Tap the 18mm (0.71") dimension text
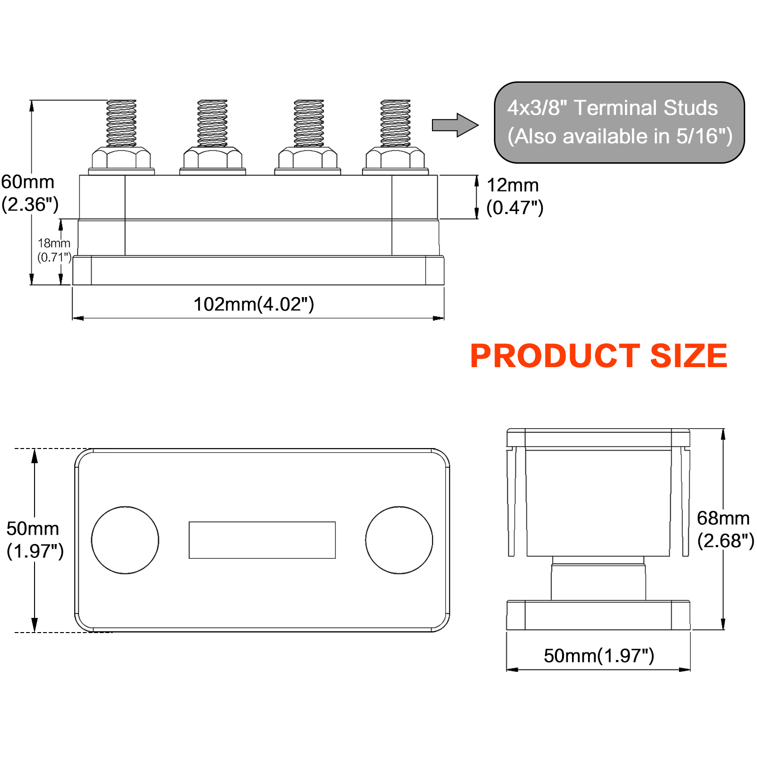(x=54, y=250)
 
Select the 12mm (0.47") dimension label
(x=514, y=196)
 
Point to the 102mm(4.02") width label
(x=254, y=304)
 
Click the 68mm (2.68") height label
(x=724, y=529)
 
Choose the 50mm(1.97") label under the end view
(x=599, y=656)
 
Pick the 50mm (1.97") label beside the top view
(x=34, y=540)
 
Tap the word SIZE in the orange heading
(x=688, y=356)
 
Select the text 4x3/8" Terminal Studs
(x=612, y=108)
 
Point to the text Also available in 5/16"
(x=620, y=136)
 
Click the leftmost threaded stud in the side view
(x=122, y=123)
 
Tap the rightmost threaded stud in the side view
(x=396, y=123)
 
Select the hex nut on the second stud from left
(x=212, y=158)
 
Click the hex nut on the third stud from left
(x=308, y=158)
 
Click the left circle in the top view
(x=125, y=540)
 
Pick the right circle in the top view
(x=399, y=540)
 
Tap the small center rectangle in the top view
(x=262, y=540)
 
